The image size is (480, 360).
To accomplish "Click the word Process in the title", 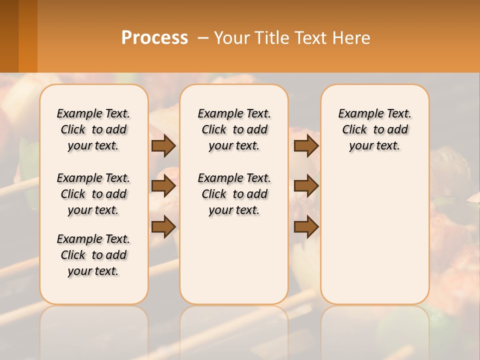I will click(x=154, y=38).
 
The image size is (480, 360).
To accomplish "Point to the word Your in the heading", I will click(x=233, y=38).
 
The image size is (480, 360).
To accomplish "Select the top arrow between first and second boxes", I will click(x=163, y=145).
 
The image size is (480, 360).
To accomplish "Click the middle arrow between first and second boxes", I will click(x=163, y=186).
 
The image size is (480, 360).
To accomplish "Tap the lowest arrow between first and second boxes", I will click(x=163, y=226).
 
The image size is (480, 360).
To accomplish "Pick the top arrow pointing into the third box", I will click(x=306, y=145).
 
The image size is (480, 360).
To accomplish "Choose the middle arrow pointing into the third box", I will click(x=306, y=186).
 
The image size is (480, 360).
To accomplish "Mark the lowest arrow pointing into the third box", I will click(x=306, y=226).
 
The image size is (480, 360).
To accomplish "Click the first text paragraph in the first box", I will click(x=93, y=129).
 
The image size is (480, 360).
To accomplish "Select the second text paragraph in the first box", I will click(x=93, y=194).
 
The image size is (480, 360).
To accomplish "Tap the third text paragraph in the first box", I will click(x=93, y=255).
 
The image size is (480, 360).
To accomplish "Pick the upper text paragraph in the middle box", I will click(x=234, y=129).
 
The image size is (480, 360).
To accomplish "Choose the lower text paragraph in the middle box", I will click(x=234, y=194).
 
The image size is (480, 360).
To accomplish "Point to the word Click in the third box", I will click(x=354, y=130).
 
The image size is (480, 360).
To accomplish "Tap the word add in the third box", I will click(x=398, y=130).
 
